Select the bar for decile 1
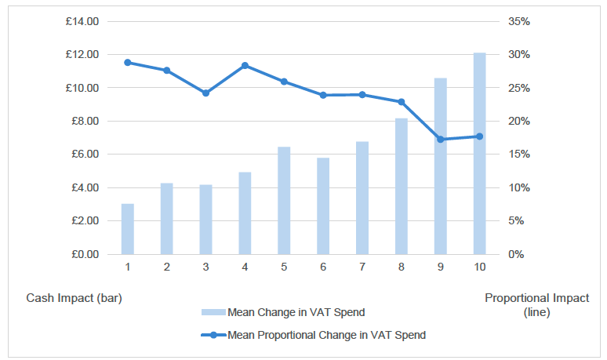pyautogui.click(x=127, y=229)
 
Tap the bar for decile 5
pyautogui.click(x=284, y=201)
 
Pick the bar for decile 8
pyautogui.click(x=402, y=187)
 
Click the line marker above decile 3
pyautogui.click(x=205, y=93)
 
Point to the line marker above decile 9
pyautogui.click(x=441, y=140)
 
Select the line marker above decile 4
pyautogui.click(x=245, y=65)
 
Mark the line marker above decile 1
pyautogui.click(x=127, y=62)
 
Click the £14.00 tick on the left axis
pyautogui.click(x=82, y=21)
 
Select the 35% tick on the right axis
pyautogui.click(x=519, y=21)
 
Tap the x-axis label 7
pyautogui.click(x=362, y=267)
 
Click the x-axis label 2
pyautogui.click(x=166, y=267)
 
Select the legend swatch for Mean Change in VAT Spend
pyautogui.click(x=213, y=312)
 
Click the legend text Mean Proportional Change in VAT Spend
pyautogui.click(x=326, y=335)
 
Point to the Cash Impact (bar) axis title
pyautogui.click(x=75, y=298)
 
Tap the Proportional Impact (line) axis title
pyautogui.click(x=536, y=305)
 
